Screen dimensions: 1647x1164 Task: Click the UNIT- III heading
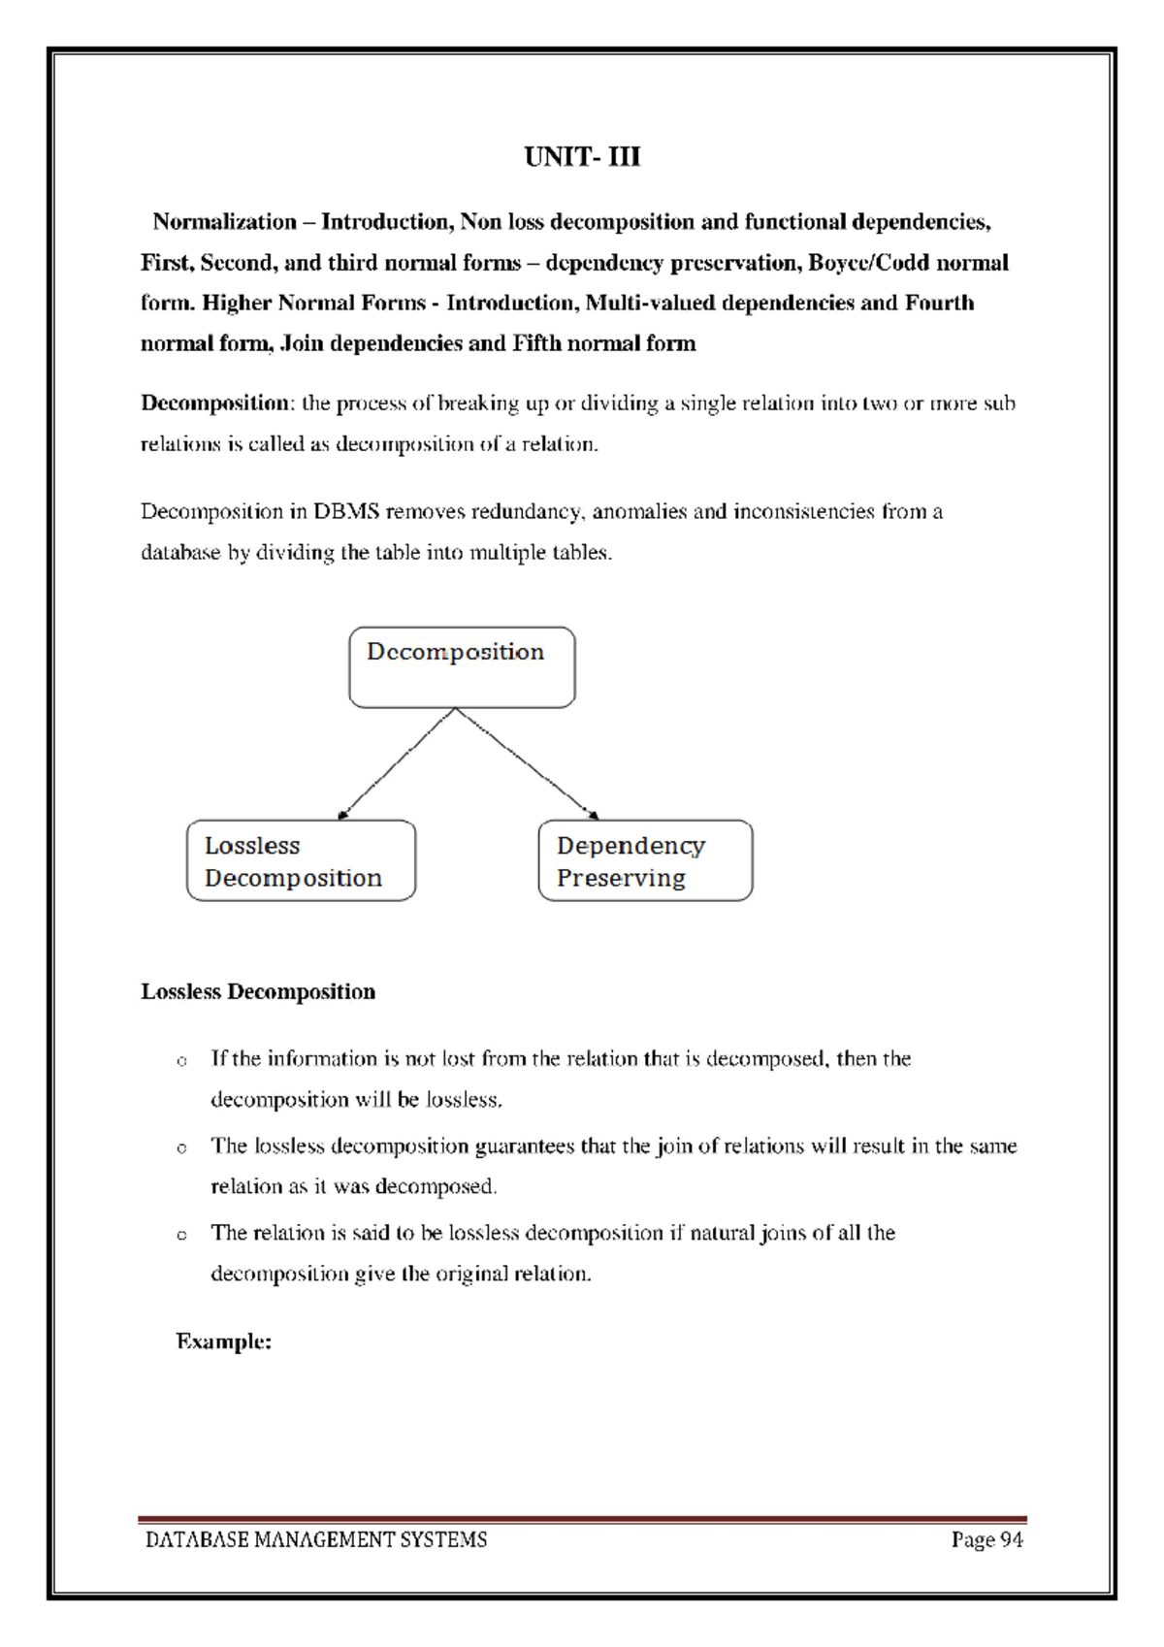[582, 157]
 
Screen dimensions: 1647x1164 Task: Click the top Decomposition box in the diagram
[462, 667]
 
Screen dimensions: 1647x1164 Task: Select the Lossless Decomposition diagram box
[301, 861]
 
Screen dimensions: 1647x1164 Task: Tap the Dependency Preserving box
[645, 861]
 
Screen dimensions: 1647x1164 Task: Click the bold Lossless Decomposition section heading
[258, 991]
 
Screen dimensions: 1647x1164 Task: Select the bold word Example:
[223, 1341]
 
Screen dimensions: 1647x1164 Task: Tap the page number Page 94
[986, 1539]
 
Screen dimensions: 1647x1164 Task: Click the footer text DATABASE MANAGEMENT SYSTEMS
[316, 1539]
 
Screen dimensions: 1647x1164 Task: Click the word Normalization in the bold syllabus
[224, 222]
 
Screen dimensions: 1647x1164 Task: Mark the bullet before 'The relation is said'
[181, 1236]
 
